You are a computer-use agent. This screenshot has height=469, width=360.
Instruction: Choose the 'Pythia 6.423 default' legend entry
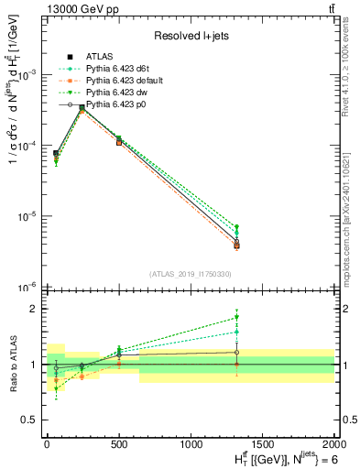point(123,82)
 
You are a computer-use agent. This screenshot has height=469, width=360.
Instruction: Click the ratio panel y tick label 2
point(35,310)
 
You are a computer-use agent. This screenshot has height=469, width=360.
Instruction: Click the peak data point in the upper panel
point(82,108)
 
